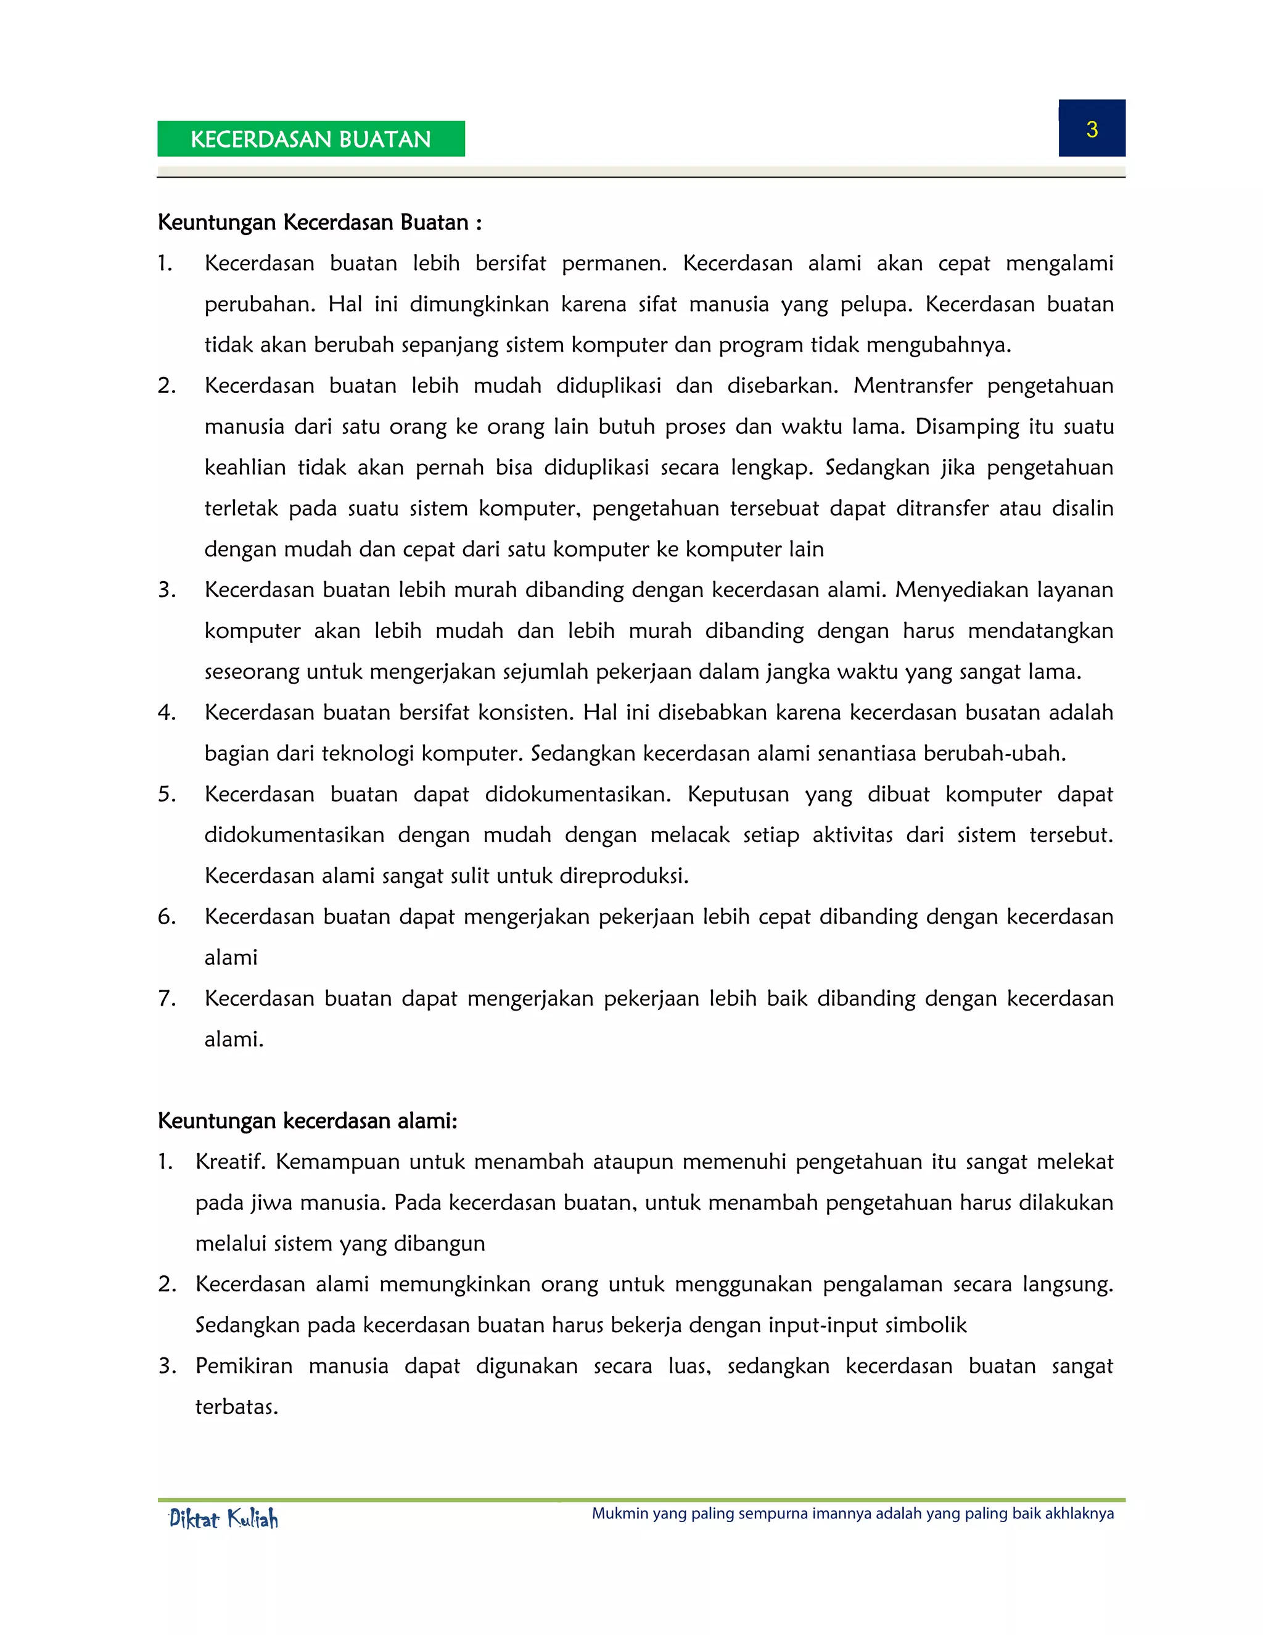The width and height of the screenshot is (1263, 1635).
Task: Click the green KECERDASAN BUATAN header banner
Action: click(x=311, y=139)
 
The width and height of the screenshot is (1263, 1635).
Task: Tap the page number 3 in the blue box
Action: click(x=1092, y=130)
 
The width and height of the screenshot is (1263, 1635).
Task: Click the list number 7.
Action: click(x=166, y=999)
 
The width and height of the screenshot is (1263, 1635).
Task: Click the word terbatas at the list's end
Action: click(x=236, y=1407)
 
